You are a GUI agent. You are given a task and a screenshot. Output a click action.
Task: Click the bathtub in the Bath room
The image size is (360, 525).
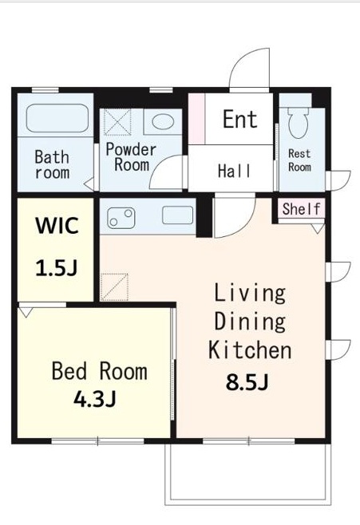(57, 118)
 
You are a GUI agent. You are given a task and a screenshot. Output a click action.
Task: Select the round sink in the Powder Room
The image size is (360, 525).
(163, 121)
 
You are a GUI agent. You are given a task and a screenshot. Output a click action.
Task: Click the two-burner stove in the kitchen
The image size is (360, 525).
(121, 217)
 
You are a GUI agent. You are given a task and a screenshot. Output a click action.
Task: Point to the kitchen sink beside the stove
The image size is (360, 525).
(177, 215)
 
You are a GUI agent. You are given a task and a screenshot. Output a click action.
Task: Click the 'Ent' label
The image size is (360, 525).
(240, 119)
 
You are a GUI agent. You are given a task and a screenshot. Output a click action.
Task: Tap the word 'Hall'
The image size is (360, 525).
(234, 171)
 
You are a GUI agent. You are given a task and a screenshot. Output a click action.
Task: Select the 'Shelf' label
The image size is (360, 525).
(302, 209)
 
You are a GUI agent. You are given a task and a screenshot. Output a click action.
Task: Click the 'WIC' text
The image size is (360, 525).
(57, 226)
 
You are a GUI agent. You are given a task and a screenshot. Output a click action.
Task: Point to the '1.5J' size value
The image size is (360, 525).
(57, 268)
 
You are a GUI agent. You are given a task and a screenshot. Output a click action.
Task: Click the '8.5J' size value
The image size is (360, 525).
(247, 382)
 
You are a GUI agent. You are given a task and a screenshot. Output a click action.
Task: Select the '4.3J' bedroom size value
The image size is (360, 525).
(95, 399)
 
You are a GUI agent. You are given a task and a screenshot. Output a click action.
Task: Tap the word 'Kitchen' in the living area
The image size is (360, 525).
(250, 350)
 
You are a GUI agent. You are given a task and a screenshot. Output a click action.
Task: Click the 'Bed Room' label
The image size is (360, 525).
(100, 371)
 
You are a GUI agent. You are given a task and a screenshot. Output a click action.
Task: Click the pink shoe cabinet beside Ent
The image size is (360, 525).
(197, 119)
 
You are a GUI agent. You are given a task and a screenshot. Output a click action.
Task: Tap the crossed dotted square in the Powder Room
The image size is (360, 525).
(117, 122)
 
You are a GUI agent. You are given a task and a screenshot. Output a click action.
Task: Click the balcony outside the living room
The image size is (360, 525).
(248, 474)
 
